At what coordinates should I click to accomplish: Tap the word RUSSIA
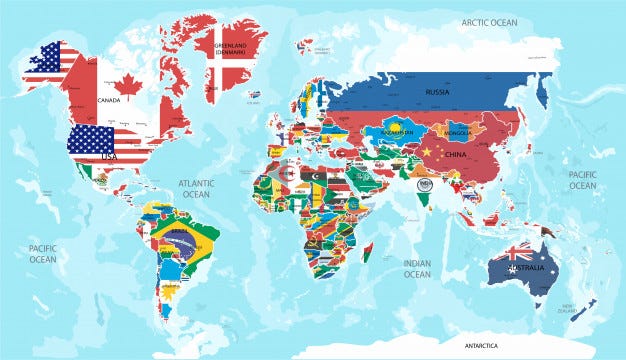click(x=437, y=92)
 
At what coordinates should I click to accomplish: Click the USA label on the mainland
click(x=107, y=157)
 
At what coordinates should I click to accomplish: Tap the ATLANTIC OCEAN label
click(x=196, y=189)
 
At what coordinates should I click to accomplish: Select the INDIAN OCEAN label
click(x=417, y=268)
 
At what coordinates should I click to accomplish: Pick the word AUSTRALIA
click(x=527, y=269)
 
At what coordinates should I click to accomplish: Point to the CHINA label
click(x=456, y=155)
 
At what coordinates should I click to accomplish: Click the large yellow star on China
click(x=427, y=151)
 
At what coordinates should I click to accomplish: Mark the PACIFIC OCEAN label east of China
click(x=583, y=179)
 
